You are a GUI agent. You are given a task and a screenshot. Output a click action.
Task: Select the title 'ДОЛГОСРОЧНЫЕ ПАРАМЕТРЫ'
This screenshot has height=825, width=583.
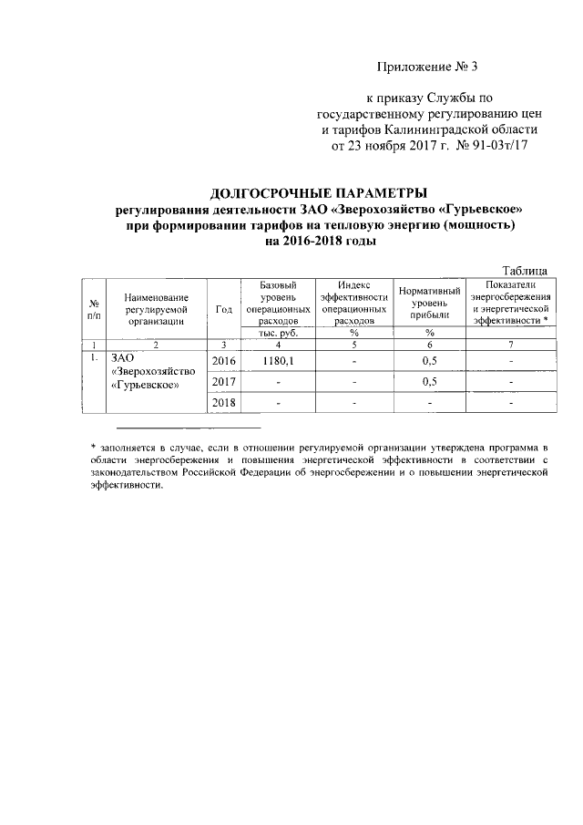point(318,193)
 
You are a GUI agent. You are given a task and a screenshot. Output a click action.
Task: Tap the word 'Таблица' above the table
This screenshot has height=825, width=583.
point(525,270)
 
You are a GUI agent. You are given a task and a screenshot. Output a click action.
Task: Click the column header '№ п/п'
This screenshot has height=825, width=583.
point(93,309)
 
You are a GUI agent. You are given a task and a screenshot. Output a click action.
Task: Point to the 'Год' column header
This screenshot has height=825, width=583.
point(224,309)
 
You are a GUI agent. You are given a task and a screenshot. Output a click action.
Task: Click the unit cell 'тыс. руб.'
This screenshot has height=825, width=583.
point(277,334)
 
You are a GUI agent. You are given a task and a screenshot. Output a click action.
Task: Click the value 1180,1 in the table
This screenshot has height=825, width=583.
point(277,362)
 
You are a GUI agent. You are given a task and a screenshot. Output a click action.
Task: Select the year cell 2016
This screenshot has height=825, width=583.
point(224,362)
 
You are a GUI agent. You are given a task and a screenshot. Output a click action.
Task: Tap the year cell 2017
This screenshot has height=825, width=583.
point(224,381)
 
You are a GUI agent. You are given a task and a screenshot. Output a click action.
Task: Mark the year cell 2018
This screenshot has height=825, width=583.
point(224,402)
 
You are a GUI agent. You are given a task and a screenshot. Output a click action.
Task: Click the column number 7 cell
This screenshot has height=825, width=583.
point(510,345)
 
